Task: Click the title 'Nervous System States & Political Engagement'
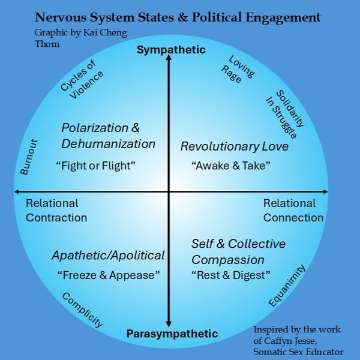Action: tap(178, 17)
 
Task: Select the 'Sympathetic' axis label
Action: tap(171, 50)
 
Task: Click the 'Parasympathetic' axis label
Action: tap(172, 334)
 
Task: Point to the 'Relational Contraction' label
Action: tap(56, 211)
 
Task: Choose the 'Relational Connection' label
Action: tap(293, 211)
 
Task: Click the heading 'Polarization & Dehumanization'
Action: tap(108, 136)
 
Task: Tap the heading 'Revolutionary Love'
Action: tap(235, 146)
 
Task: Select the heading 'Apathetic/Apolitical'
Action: tap(108, 256)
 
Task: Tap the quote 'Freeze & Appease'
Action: tap(108, 275)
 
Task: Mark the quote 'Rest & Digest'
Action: tap(231, 275)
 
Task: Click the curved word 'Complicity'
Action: tap(82, 310)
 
